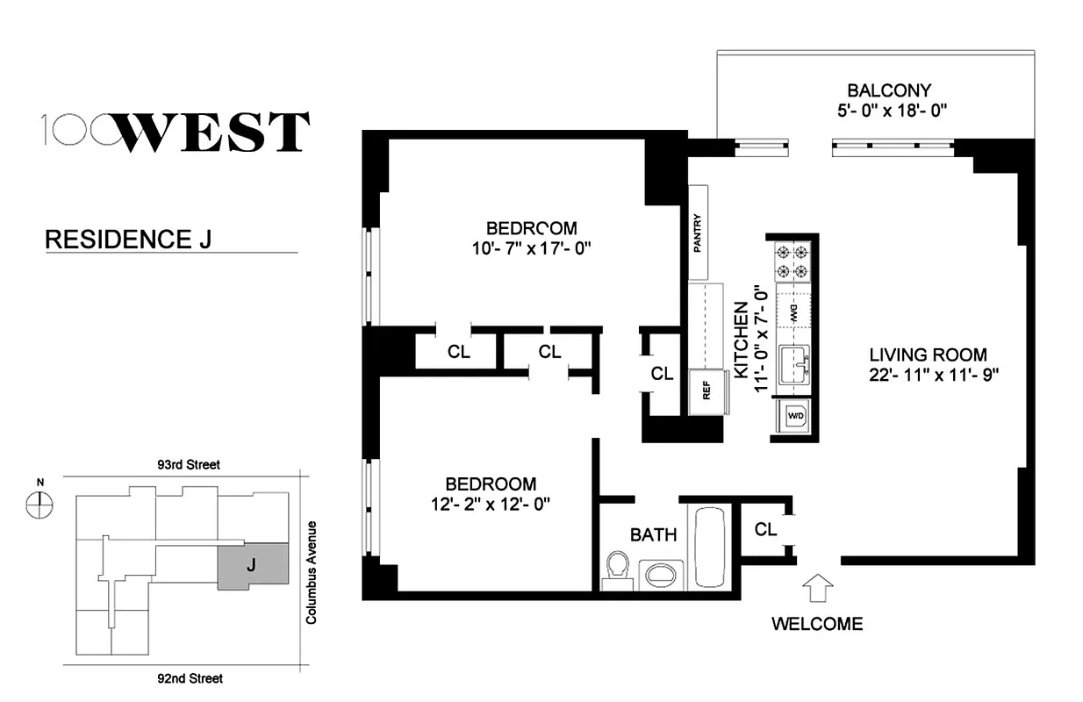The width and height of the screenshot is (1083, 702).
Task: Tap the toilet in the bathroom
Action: (x=618, y=568)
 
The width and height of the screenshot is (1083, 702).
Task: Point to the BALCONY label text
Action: (x=888, y=90)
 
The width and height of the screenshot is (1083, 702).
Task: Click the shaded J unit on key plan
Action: (x=253, y=565)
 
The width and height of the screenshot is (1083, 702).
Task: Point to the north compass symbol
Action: (x=40, y=503)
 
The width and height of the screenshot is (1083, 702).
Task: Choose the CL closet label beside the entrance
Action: (x=765, y=529)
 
